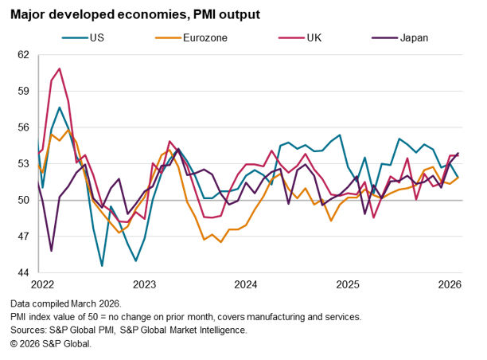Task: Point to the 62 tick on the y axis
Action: tap(22, 55)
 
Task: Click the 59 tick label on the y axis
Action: tap(22, 91)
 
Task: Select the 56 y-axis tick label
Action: tap(22, 127)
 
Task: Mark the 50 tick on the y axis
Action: tap(22, 200)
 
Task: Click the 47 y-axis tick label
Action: tap(22, 237)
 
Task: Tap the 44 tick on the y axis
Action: tap(22, 272)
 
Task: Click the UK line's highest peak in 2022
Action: tap(60, 68)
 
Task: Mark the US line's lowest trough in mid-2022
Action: tap(102, 265)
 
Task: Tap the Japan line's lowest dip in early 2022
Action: tap(51, 251)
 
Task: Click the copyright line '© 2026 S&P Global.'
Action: tap(52, 343)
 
